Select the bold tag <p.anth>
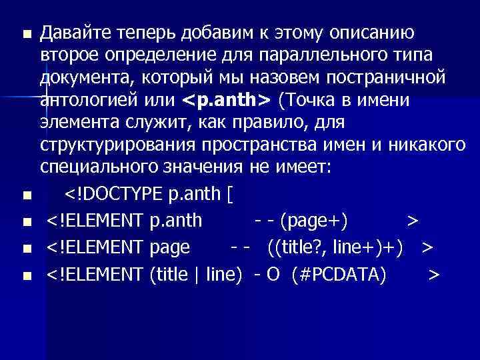point(226,100)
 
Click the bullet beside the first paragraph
point(26,33)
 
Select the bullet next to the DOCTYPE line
point(26,195)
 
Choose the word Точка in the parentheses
point(313,100)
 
